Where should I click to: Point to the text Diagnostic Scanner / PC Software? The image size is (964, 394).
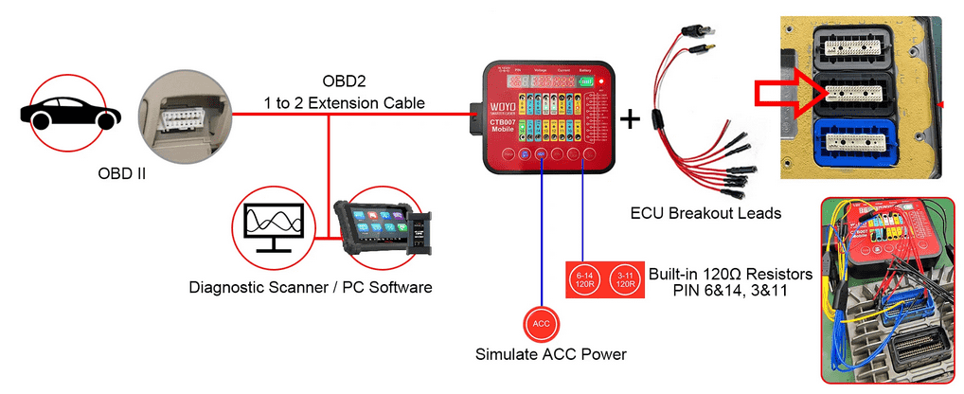[311, 286]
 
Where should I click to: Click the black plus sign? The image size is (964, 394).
[630, 118]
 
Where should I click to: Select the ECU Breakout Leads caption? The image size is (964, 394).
[705, 213]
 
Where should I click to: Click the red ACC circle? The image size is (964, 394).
[542, 324]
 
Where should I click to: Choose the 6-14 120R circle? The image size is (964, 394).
[584, 279]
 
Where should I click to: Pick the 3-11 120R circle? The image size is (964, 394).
[621, 279]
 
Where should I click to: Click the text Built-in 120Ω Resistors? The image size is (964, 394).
[730, 274]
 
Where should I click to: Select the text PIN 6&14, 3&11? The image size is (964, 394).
[730, 290]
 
